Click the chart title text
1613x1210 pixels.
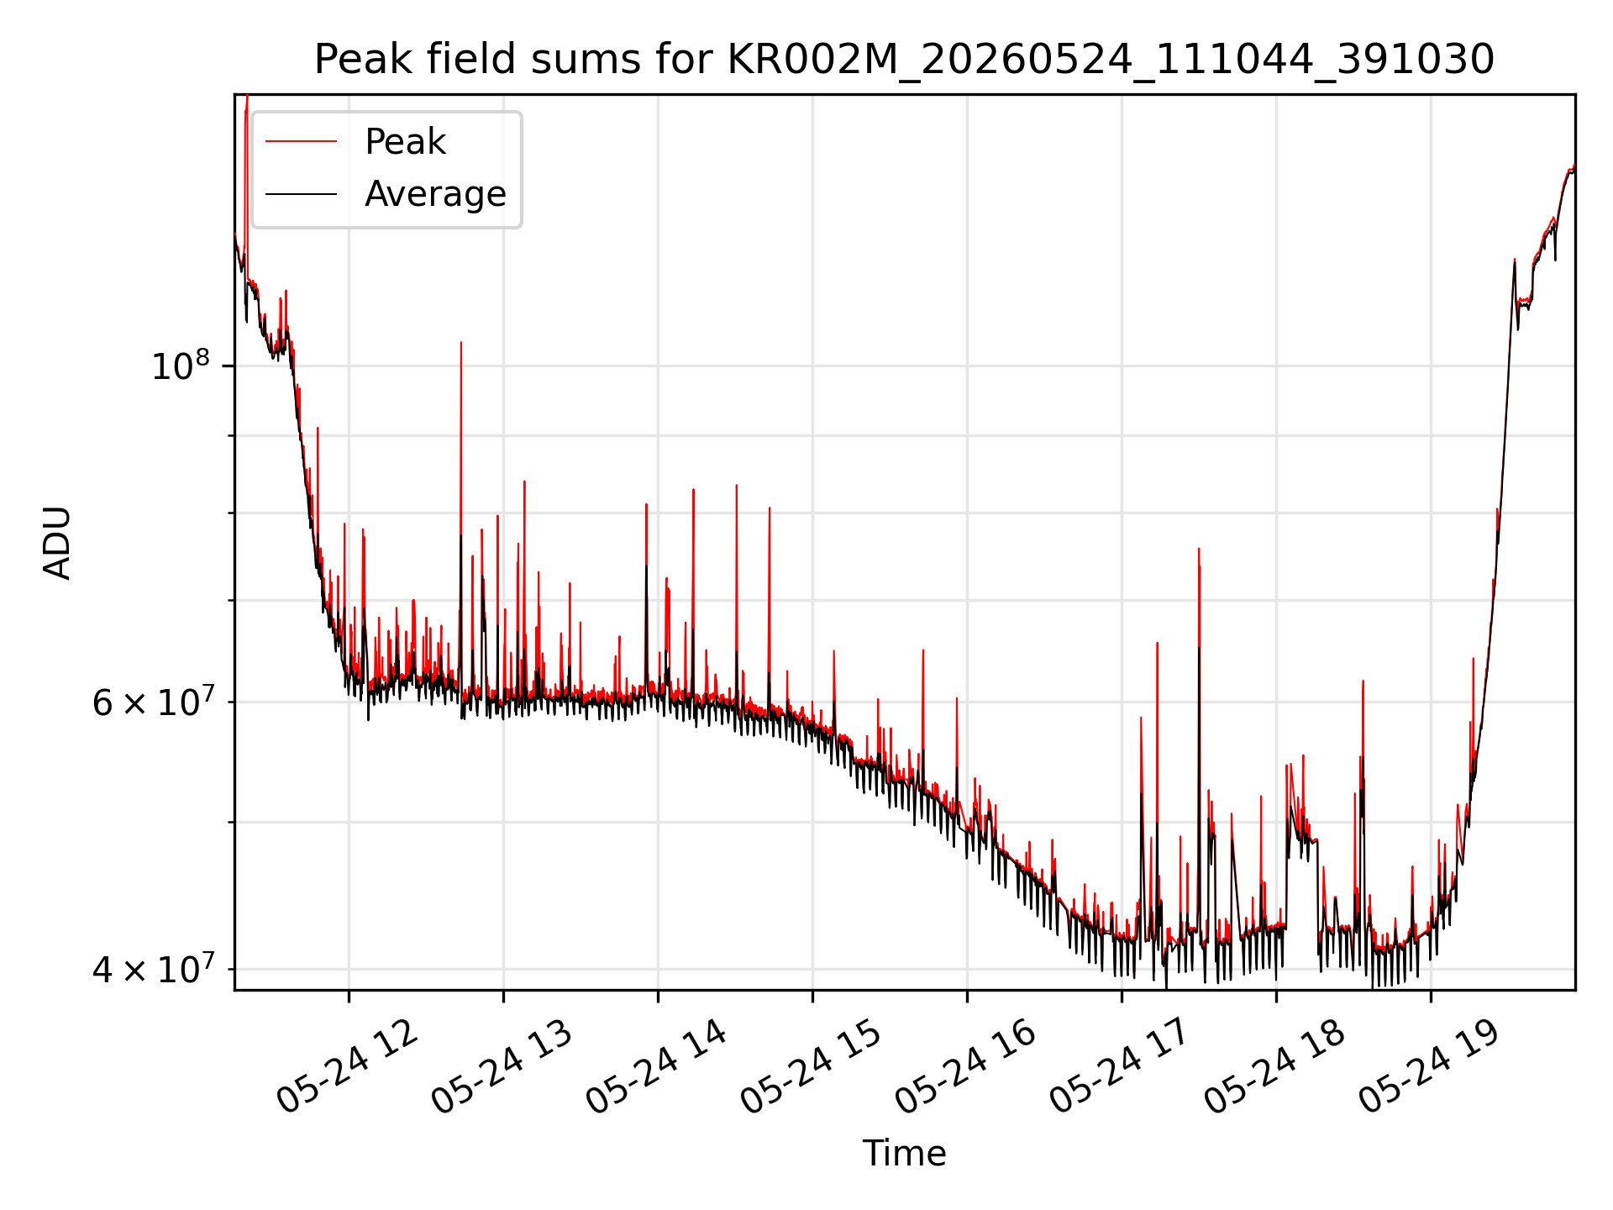pyautogui.click(x=904, y=60)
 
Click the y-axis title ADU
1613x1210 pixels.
pyautogui.click(x=57, y=543)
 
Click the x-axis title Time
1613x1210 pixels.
pyautogui.click(x=904, y=1154)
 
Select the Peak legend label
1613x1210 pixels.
pyautogui.click(x=405, y=142)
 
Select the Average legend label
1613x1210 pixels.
pyautogui.click(x=435, y=194)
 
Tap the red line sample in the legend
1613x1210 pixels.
pyautogui.click(x=302, y=141)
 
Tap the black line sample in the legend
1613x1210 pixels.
pyautogui.click(x=302, y=194)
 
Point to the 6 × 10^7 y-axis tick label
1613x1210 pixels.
pyautogui.click(x=152, y=701)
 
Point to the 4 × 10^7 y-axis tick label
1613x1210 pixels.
pyautogui.click(x=152, y=968)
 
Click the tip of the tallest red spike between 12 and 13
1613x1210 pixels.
pyautogui.click(x=460, y=342)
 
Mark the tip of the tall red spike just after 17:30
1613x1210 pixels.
pyautogui.click(x=1198, y=549)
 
